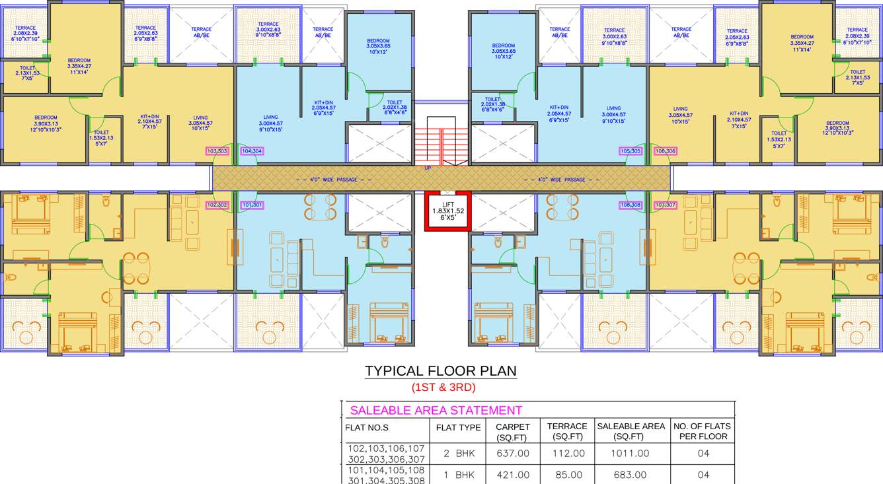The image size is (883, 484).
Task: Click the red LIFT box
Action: pos(447,211)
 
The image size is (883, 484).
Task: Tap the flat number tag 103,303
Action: pos(217,151)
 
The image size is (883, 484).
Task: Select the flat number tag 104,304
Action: pos(252,151)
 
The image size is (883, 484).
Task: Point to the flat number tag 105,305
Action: pos(631,151)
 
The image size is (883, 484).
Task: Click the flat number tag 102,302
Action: pos(217,205)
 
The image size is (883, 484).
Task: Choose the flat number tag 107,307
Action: pos(665,205)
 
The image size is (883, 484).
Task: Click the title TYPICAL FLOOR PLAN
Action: pos(441,371)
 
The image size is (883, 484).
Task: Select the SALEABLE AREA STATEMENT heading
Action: pos(436,410)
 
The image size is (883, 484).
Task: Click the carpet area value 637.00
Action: pos(512,454)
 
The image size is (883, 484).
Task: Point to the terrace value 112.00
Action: pos(568,454)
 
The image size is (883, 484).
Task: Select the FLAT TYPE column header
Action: pos(458,427)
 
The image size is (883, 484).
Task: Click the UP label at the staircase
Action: pos(428,168)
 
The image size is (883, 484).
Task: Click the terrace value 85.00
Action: pos(568,475)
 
